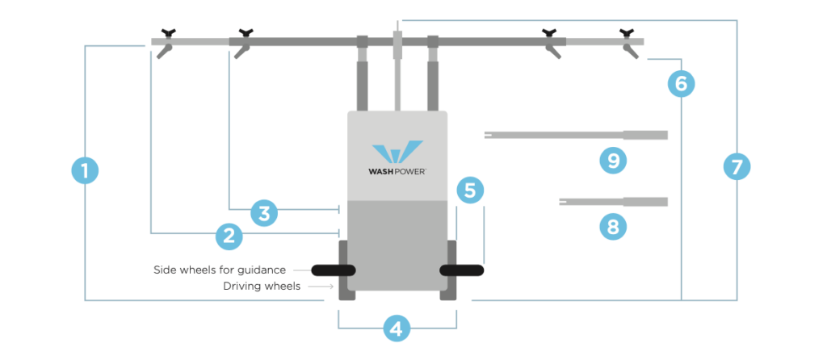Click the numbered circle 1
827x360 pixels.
tap(85, 171)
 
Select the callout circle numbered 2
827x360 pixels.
tap(229, 236)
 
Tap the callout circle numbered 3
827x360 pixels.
tap(264, 213)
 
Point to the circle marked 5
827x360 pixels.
tap(470, 190)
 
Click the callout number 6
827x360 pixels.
tap(681, 82)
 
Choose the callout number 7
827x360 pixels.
tap(736, 167)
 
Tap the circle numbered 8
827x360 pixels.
tap(613, 227)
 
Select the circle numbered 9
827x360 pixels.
tap(613, 161)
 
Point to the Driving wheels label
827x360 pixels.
tap(261, 286)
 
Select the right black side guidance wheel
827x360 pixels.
tap(461, 270)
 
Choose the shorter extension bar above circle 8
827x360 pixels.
tap(613, 201)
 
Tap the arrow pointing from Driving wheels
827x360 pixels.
tap(325, 286)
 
